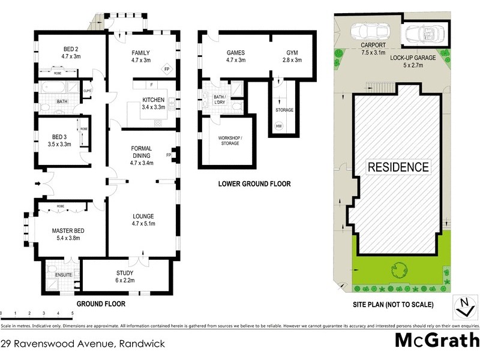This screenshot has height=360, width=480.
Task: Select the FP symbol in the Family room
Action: coord(168,68)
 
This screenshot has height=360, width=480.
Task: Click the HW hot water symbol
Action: coord(278,126)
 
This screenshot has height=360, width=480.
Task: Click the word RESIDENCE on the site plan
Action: coord(398,167)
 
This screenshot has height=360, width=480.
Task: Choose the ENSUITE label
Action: coord(64,275)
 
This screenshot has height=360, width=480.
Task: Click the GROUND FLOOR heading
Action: coord(100,304)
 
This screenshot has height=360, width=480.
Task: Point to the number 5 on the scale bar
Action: coord(73,314)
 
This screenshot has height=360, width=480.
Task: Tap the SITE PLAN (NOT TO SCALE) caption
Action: coord(393,305)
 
